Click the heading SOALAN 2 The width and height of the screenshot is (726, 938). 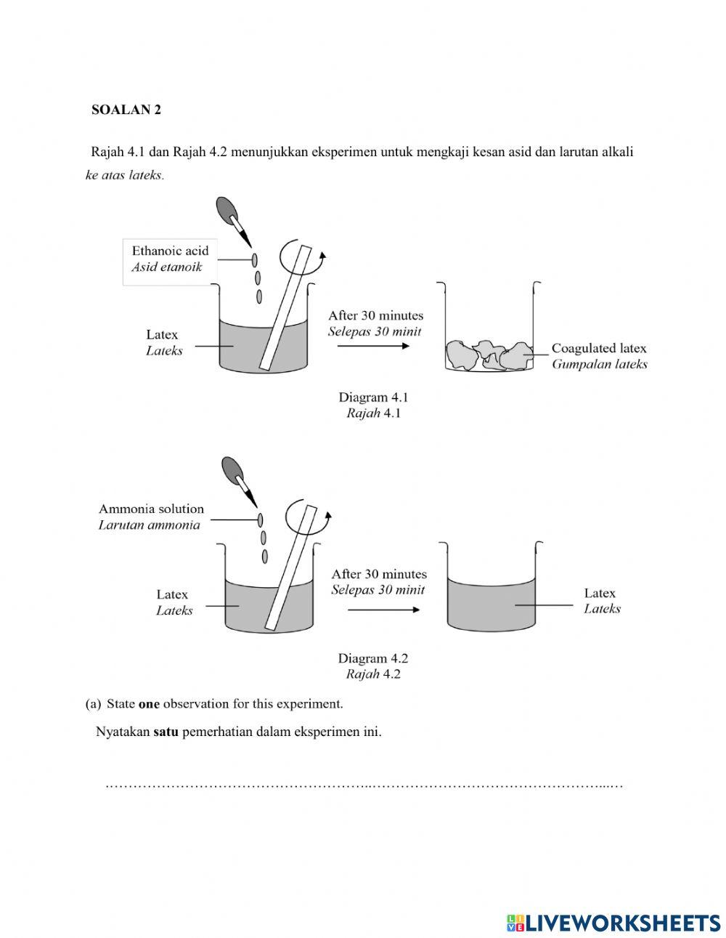coord(126,110)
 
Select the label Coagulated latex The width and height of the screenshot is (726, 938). coord(598,349)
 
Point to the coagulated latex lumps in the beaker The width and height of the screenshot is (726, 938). coord(488,355)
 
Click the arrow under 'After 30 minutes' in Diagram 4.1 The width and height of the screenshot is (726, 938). coord(374,346)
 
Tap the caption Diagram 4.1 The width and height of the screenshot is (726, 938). coord(373,397)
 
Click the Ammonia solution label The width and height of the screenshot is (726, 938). coord(151,509)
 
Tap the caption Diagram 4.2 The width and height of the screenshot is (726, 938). coord(372,658)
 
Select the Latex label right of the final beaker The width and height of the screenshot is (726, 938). coord(600,594)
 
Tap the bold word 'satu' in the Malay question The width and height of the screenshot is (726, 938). coord(166,732)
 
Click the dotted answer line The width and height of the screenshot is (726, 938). coord(363,785)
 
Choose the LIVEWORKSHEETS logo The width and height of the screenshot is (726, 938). coord(613,922)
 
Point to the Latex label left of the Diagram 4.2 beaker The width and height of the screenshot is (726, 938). coord(173,595)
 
